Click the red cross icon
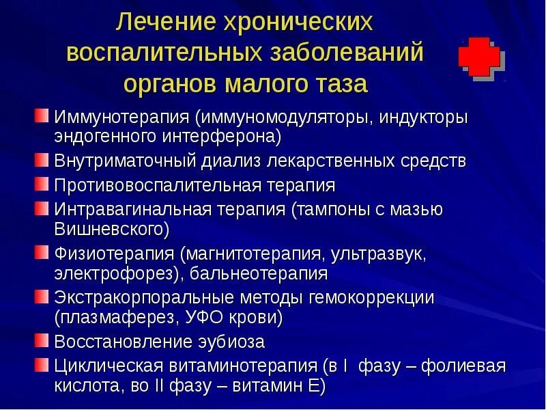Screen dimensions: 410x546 tap(479, 57)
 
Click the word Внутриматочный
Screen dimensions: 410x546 tap(125, 162)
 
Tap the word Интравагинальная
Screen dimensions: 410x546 tap(133, 208)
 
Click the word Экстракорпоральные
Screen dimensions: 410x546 tap(144, 298)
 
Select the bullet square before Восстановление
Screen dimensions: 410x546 tap(42, 339)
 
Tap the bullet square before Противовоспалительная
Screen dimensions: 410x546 tap(42, 183)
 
